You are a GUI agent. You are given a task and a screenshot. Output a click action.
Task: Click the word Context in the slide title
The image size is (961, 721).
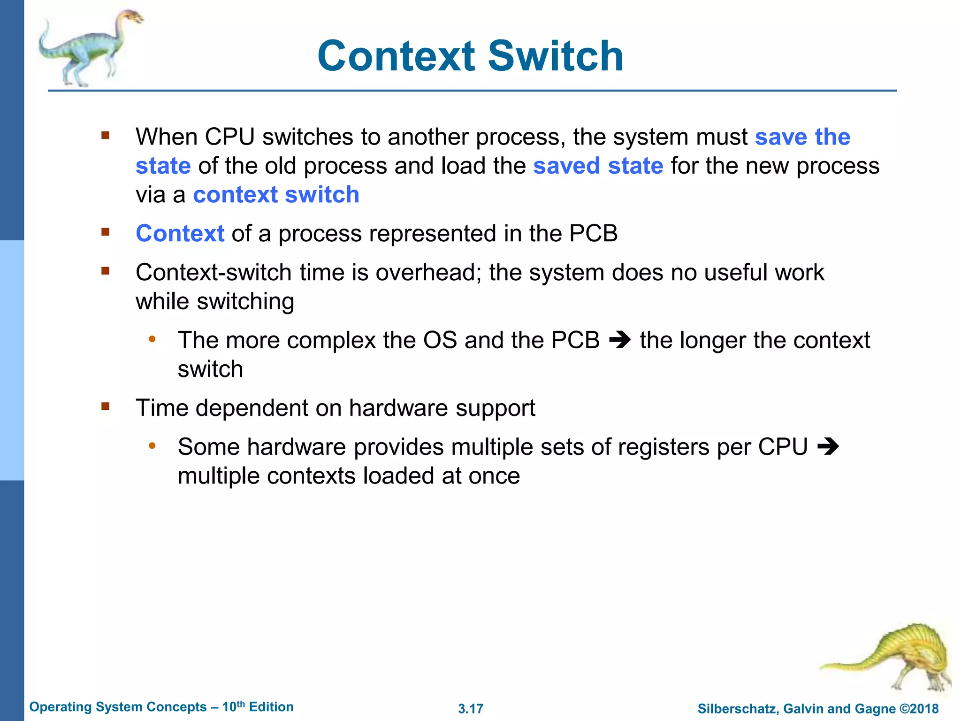pos(397,56)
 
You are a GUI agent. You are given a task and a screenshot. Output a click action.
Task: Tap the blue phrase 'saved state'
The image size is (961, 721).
pos(598,166)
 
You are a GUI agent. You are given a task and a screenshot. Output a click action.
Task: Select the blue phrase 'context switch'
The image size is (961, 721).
pos(276,195)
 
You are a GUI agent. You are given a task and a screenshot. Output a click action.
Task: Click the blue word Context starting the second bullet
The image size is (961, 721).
pos(180,233)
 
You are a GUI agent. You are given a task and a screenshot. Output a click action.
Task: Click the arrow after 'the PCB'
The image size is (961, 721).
pos(619,340)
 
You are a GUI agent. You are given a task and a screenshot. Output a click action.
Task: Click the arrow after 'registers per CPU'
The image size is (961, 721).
pos(828,446)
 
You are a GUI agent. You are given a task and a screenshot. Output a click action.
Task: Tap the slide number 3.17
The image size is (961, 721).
pos(470,709)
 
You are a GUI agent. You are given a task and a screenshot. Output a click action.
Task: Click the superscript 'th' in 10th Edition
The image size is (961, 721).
pos(240,704)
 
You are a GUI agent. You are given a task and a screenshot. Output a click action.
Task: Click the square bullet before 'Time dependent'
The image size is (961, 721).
pos(105,406)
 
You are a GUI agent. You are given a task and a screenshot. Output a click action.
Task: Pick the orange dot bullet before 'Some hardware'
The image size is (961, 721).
pos(152,445)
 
